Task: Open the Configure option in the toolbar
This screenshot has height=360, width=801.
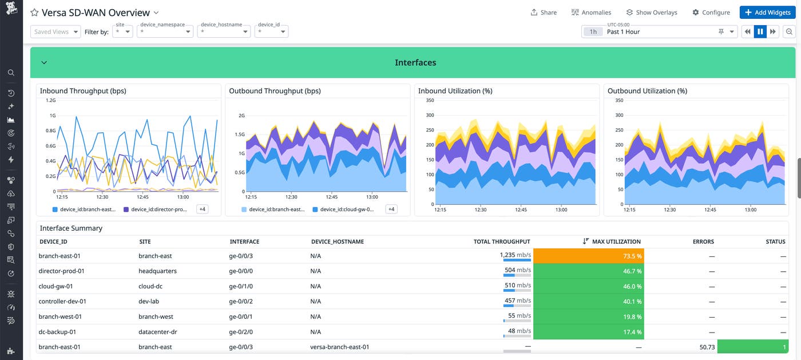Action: pyautogui.click(x=711, y=13)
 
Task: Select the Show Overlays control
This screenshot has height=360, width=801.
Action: pyautogui.click(x=651, y=13)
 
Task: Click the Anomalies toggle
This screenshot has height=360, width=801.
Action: pyautogui.click(x=591, y=13)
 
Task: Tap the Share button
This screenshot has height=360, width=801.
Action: pyautogui.click(x=544, y=13)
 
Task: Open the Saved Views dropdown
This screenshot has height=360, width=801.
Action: pyautogui.click(x=55, y=32)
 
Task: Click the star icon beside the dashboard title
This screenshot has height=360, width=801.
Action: pyautogui.click(x=34, y=13)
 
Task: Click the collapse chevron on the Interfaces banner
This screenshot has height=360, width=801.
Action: pyautogui.click(x=44, y=62)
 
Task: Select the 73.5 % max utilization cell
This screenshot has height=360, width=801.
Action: pyautogui.click(x=589, y=256)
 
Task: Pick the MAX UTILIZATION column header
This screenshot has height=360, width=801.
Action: pyautogui.click(x=616, y=242)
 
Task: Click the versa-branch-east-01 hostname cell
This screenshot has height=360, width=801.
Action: pyautogui.click(x=339, y=347)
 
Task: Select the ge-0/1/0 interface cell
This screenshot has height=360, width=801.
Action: pyautogui.click(x=241, y=286)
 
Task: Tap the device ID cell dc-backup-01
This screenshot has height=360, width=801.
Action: pyautogui.click(x=57, y=332)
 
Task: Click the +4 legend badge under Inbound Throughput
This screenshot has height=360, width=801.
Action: pyautogui.click(x=202, y=209)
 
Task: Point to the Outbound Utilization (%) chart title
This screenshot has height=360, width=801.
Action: pyautogui.click(x=647, y=91)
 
